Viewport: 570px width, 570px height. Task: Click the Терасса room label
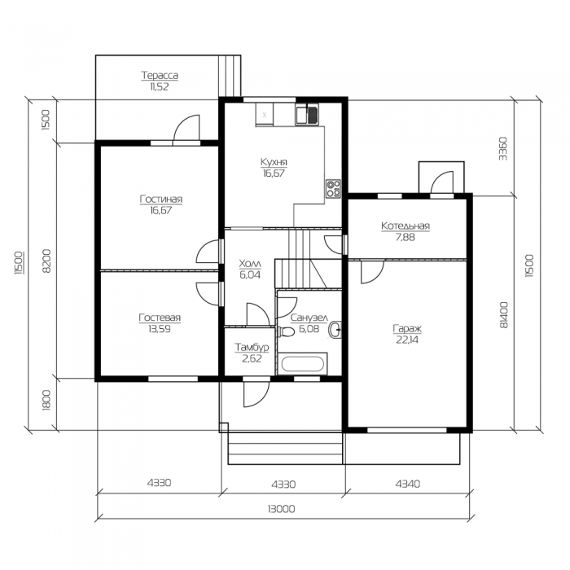click(x=160, y=76)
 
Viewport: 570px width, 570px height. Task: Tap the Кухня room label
click(x=274, y=162)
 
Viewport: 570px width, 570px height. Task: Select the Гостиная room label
click(x=160, y=199)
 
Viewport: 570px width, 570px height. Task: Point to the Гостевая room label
click(x=160, y=318)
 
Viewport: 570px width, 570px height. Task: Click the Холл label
click(x=250, y=264)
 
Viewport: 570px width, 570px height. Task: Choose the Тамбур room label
click(x=252, y=347)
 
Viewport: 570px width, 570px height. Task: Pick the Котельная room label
click(x=406, y=226)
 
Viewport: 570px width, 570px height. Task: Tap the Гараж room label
click(x=407, y=329)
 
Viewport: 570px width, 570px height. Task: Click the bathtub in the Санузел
click(x=302, y=364)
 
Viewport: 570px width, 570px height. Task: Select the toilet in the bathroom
click(x=287, y=332)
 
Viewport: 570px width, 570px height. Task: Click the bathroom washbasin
click(x=335, y=331)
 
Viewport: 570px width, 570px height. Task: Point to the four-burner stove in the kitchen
click(x=333, y=189)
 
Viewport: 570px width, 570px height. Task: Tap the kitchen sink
click(x=307, y=114)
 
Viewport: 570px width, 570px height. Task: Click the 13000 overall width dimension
click(x=281, y=509)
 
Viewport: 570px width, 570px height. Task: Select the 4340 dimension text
click(x=407, y=484)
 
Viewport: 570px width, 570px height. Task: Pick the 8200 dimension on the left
click(x=47, y=261)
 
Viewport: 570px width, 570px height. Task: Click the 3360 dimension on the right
click(x=502, y=148)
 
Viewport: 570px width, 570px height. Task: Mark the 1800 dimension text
click(x=46, y=401)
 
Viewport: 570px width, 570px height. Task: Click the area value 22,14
click(x=407, y=340)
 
